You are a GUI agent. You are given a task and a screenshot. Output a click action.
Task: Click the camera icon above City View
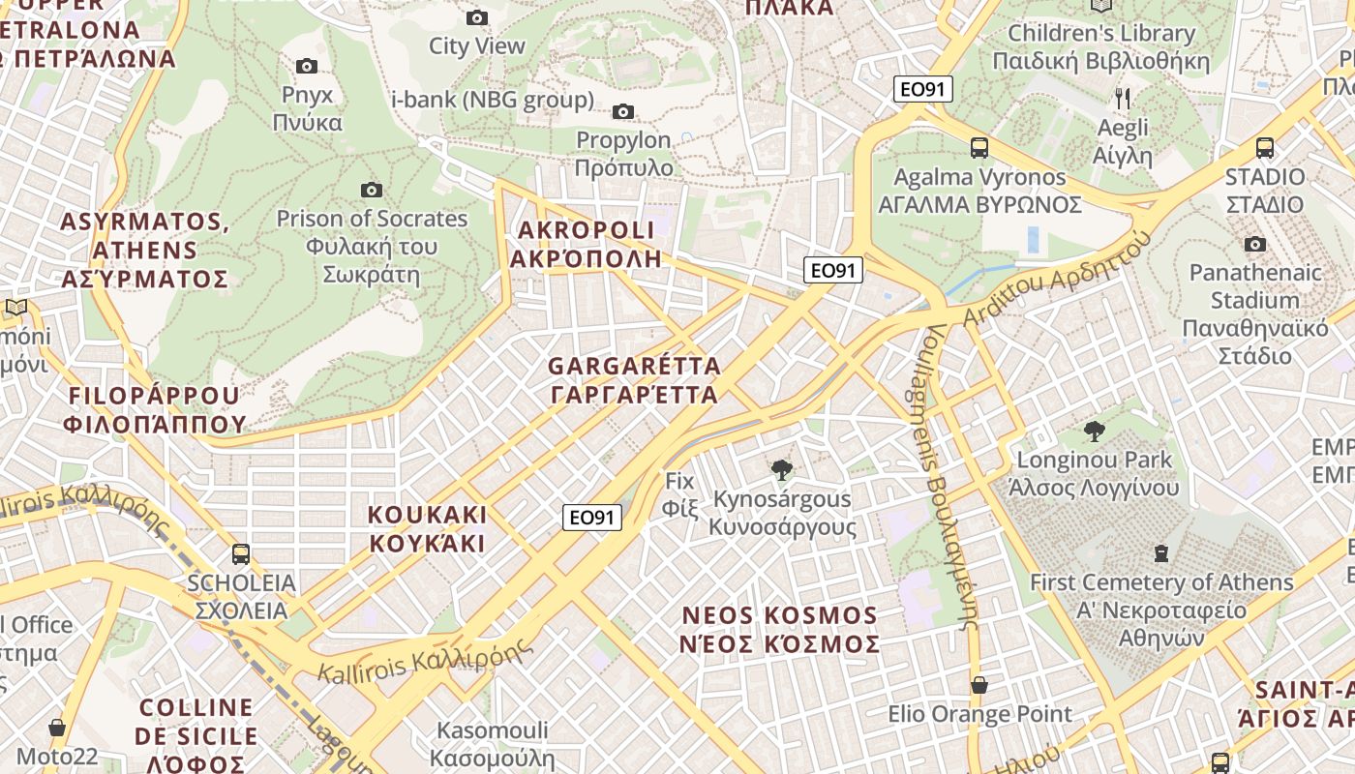(477, 17)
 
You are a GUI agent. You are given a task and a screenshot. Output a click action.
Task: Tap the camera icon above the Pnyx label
(307, 66)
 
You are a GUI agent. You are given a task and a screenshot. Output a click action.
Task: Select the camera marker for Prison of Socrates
(371, 190)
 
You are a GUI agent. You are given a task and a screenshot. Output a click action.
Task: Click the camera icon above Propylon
(623, 111)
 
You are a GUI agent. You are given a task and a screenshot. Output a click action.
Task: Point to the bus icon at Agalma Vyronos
(979, 148)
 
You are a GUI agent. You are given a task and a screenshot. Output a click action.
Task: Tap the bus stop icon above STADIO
(1264, 148)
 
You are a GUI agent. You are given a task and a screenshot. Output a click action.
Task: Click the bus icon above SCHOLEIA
(241, 554)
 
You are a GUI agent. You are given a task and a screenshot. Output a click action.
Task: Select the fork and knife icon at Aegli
(1123, 98)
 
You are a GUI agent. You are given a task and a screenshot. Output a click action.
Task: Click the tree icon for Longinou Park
(1095, 431)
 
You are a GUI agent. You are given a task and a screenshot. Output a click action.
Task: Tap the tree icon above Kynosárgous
(781, 470)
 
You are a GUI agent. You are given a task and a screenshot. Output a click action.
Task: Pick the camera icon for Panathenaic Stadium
(1255, 244)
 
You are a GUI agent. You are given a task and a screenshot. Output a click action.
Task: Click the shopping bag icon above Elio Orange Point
(979, 685)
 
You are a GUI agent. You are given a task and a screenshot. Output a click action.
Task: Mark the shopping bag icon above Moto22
(57, 728)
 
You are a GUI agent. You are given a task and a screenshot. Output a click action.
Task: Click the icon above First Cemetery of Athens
(1160, 553)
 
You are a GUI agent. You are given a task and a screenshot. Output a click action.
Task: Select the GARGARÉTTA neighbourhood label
(634, 380)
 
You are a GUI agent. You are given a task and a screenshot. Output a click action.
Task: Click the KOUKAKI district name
(427, 528)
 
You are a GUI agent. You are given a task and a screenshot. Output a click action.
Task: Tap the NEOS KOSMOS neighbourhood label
(780, 629)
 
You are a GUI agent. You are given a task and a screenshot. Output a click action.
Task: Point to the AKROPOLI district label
(586, 244)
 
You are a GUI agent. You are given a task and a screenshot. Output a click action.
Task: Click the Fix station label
(680, 493)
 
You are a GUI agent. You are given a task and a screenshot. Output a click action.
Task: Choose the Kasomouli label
(492, 743)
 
